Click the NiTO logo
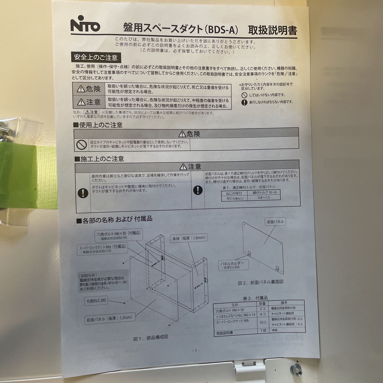[85, 25]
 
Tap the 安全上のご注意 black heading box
[96, 57]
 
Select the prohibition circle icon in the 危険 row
[81, 145]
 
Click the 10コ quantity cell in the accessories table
[262, 322]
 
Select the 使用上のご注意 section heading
[99, 125]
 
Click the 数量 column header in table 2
[262, 304]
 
